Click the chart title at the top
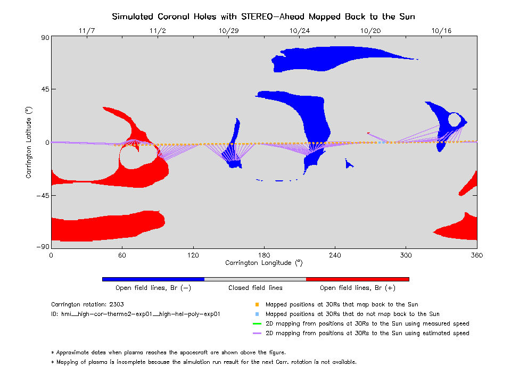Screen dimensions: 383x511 pyautogui.click(x=263, y=16)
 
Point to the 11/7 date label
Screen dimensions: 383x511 pyautogui.click(x=86, y=30)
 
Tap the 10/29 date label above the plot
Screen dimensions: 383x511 pyautogui.click(x=228, y=30)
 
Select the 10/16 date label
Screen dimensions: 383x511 pyautogui.click(x=442, y=30)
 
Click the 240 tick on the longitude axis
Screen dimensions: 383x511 pyautogui.click(x=335, y=255)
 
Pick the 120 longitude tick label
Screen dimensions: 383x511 pyautogui.click(x=193, y=255)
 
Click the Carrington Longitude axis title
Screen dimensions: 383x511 pyautogui.click(x=263, y=263)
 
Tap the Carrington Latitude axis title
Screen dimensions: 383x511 pyautogui.click(x=29, y=143)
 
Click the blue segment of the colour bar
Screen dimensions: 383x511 pyautogui.click(x=153, y=279)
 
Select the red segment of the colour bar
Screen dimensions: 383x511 pyautogui.click(x=357, y=279)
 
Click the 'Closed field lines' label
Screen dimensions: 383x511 pyautogui.click(x=256, y=288)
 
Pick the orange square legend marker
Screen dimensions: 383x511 pyautogui.click(x=257, y=305)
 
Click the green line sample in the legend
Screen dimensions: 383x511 pyautogui.click(x=257, y=323)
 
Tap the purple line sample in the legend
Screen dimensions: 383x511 pyautogui.click(x=257, y=334)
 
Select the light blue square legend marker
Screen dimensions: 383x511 pyautogui.click(x=257, y=314)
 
